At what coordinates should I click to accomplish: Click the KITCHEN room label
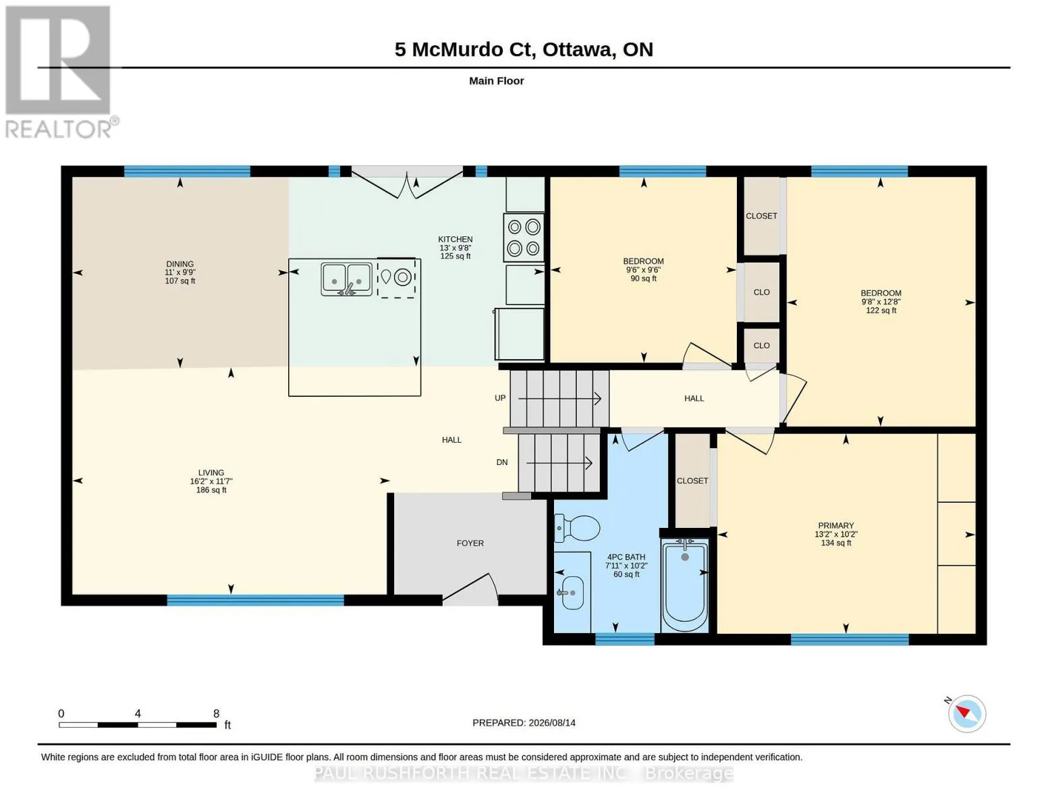(x=455, y=239)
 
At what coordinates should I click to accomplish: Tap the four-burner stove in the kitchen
(x=524, y=238)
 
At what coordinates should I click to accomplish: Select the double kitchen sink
(x=346, y=279)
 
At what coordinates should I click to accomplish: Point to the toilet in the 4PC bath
(x=577, y=528)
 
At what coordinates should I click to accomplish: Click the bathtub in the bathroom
(x=685, y=586)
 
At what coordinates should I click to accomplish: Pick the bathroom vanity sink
(x=572, y=592)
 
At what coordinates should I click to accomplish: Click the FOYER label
(x=470, y=543)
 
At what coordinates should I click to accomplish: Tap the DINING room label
(x=180, y=264)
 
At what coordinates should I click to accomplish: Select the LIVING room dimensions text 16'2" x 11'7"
(x=211, y=481)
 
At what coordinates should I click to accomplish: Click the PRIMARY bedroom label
(x=836, y=525)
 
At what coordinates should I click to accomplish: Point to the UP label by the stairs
(x=500, y=398)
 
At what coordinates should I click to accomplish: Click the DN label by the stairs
(x=502, y=462)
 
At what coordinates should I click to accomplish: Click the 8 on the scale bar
(x=216, y=713)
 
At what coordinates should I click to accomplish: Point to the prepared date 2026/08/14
(x=552, y=723)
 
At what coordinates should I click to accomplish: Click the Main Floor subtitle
(x=496, y=81)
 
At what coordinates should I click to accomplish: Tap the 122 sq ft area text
(x=881, y=310)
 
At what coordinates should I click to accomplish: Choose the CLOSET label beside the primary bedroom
(x=692, y=481)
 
